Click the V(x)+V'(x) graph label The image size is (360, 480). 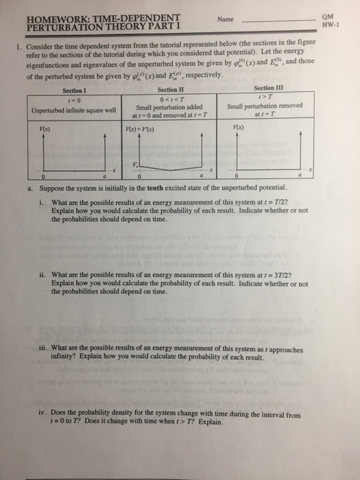136,129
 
